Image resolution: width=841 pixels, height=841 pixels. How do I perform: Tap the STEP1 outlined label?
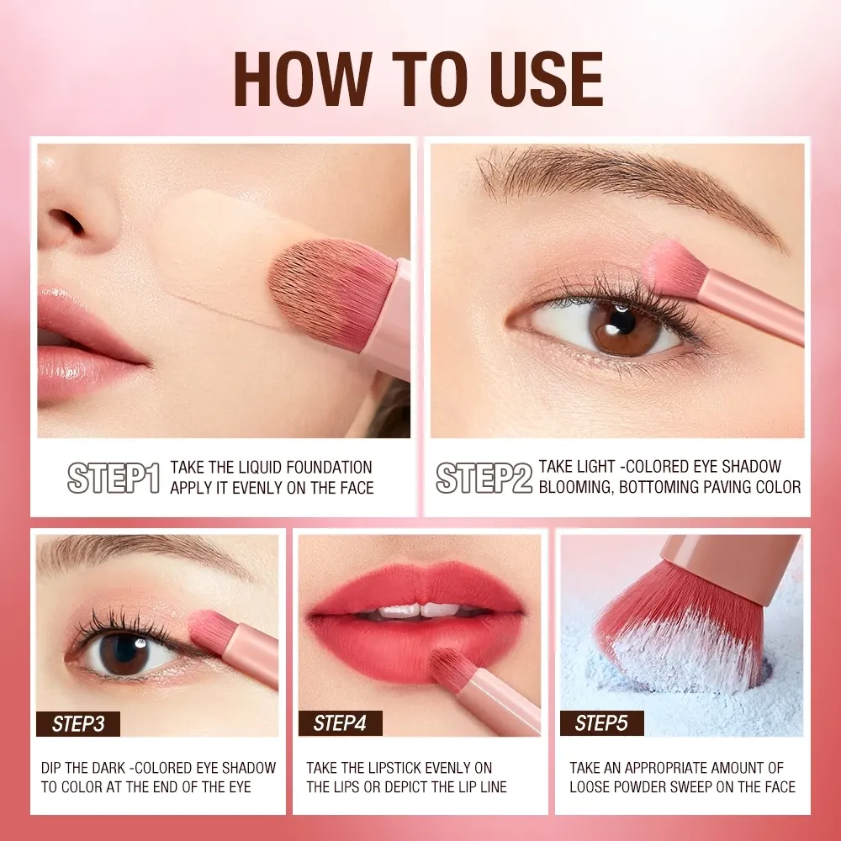pyautogui.click(x=114, y=478)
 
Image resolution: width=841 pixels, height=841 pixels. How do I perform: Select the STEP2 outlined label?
pyautogui.click(x=484, y=478)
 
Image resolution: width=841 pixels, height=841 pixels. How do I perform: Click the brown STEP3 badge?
pyautogui.click(x=78, y=724)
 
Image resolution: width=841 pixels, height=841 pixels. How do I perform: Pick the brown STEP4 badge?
pyautogui.click(x=340, y=723)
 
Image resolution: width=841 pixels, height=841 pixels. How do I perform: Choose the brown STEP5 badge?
pyautogui.click(x=602, y=723)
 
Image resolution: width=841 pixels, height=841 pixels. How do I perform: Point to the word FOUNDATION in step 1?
pyautogui.click(x=329, y=467)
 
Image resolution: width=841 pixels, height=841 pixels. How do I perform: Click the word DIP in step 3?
pyautogui.click(x=50, y=768)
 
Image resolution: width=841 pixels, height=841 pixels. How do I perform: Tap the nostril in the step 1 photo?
pyautogui.click(x=66, y=220)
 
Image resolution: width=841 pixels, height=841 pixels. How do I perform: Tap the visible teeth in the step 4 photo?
pyautogui.click(x=420, y=611)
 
